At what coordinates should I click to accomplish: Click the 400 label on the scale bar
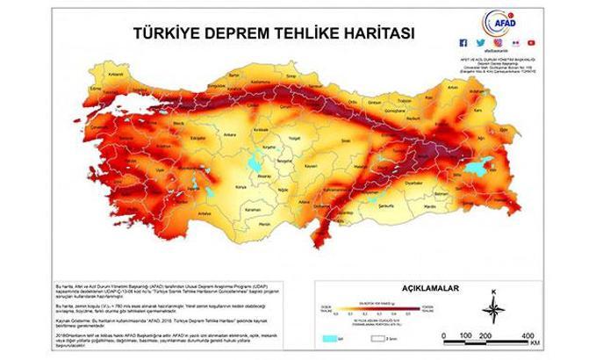tap(530, 336)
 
